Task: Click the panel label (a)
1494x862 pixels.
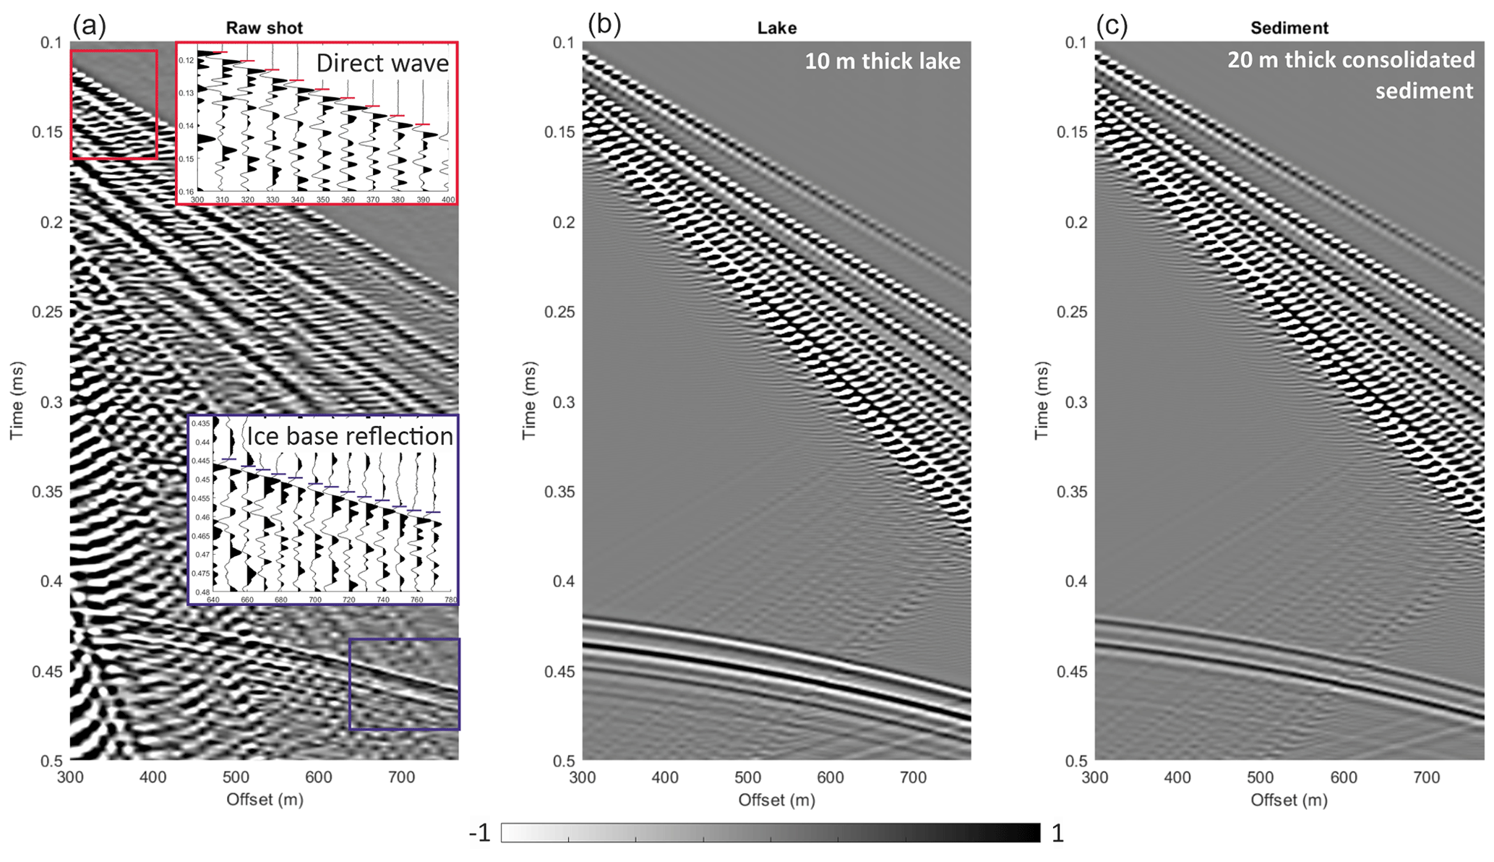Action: [89, 26]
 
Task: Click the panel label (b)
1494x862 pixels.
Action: [604, 26]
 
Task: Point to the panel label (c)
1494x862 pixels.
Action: [1112, 26]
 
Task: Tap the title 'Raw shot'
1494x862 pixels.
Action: [264, 28]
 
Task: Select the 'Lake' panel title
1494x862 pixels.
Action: [776, 28]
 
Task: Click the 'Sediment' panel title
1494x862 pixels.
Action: [1289, 28]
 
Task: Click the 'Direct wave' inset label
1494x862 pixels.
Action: [382, 63]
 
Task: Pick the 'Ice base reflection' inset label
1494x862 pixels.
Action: [350, 436]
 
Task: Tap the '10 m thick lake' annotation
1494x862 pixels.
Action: [883, 61]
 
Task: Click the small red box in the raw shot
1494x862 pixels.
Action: [113, 104]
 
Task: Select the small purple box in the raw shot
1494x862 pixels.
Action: [404, 684]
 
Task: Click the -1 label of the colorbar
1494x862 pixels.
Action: [479, 834]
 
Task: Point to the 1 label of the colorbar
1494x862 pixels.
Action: [1057, 834]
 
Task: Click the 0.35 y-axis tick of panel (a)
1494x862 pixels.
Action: [47, 492]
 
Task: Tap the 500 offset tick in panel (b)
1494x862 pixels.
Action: [747, 777]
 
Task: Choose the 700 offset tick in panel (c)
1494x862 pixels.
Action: [1426, 777]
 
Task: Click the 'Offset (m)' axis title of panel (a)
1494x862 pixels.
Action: [265, 799]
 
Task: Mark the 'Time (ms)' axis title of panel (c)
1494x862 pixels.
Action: [1041, 401]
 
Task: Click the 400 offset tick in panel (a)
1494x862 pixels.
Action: [153, 777]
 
